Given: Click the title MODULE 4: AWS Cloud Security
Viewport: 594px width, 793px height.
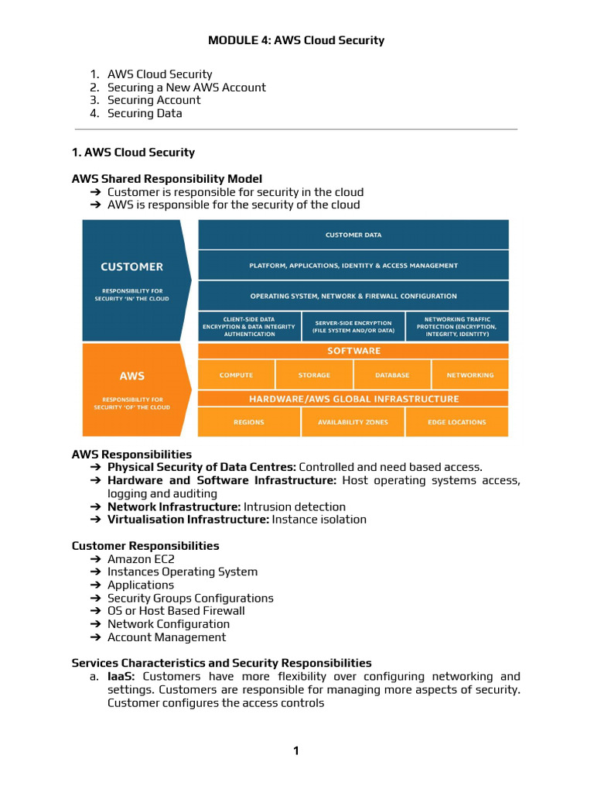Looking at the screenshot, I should pos(296,40).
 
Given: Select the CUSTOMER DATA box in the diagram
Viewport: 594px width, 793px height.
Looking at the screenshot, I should pos(353,235).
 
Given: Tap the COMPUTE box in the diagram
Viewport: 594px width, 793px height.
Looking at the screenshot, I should pos(236,375).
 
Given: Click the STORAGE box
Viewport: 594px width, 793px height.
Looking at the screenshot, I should pos(314,375).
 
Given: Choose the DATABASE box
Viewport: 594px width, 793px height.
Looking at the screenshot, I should pos(392,375).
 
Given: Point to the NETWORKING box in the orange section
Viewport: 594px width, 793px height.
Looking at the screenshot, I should pos(469,375).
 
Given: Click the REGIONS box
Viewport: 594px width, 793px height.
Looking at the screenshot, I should pos(249,422).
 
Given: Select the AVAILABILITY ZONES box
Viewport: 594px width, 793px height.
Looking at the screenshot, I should pos(353,422).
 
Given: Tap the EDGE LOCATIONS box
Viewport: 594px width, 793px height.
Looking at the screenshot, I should pos(457,422).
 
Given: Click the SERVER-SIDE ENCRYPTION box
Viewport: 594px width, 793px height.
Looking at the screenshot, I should pos(353,326).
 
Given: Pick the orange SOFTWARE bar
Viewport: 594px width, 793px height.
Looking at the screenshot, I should pos(353,351).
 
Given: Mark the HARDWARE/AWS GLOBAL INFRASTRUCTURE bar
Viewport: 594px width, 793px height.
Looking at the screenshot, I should pos(353,399).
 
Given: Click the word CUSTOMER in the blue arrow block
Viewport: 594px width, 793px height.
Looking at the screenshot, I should pos(132,266).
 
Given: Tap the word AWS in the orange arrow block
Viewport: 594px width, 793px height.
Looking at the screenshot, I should pos(132,376).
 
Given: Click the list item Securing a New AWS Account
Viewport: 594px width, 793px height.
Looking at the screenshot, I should pos(186,88).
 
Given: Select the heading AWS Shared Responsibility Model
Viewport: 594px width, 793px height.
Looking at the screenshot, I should pos(167,179).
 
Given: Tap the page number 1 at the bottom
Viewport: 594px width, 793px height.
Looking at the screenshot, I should pos(296,750).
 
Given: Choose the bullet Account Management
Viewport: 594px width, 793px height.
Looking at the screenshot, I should pos(166,637).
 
